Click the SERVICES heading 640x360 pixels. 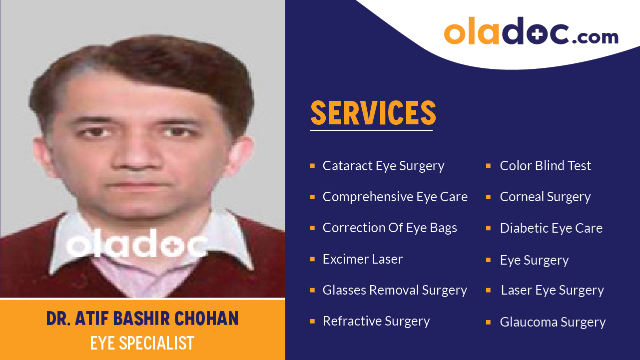373,113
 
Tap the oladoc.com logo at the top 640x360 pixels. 531,31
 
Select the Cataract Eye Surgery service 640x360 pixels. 383,166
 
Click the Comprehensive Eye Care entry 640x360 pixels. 395,197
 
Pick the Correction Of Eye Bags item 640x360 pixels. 390,228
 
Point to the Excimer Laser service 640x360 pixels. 363,259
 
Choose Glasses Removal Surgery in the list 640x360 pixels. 395,290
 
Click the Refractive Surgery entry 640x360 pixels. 376,321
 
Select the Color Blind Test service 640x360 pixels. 545,166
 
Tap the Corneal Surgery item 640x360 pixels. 545,197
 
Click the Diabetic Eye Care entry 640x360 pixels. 551,228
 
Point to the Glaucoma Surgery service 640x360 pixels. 553,322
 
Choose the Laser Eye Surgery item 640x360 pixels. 552,290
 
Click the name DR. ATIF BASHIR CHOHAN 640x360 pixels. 142,319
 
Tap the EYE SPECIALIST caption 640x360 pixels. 142,343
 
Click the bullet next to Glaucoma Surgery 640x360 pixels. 489,323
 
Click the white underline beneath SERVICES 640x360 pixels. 371,130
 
